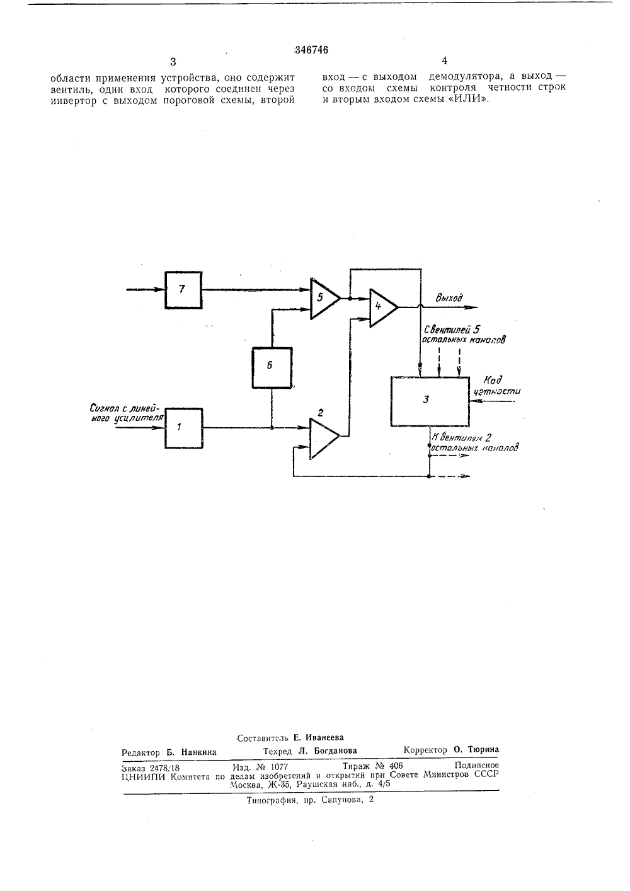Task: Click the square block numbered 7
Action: [183, 290]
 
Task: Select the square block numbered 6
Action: [272, 367]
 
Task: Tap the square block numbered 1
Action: [184, 428]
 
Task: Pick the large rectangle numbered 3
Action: [430, 401]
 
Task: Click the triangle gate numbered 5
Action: [325, 298]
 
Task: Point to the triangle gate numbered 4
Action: [384, 308]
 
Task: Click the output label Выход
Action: [449, 297]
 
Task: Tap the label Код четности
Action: [497, 385]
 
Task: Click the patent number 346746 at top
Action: [311, 50]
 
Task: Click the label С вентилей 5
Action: [452, 330]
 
